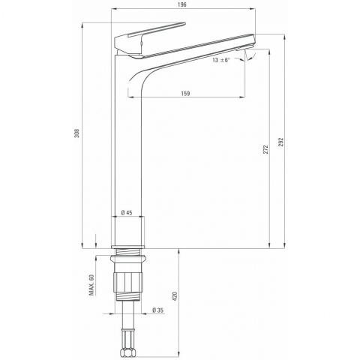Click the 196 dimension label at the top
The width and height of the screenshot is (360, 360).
(183, 4)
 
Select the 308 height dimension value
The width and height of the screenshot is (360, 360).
(77, 133)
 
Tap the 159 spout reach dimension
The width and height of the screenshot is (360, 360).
(185, 93)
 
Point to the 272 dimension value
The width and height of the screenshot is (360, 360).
(265, 149)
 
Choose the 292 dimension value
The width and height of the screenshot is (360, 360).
(281, 142)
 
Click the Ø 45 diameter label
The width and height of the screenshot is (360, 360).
(127, 213)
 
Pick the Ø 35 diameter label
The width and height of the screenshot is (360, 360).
(157, 310)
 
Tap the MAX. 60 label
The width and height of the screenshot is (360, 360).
(91, 285)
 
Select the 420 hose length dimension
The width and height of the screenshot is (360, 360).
(175, 296)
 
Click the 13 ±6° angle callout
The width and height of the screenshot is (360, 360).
(221, 60)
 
